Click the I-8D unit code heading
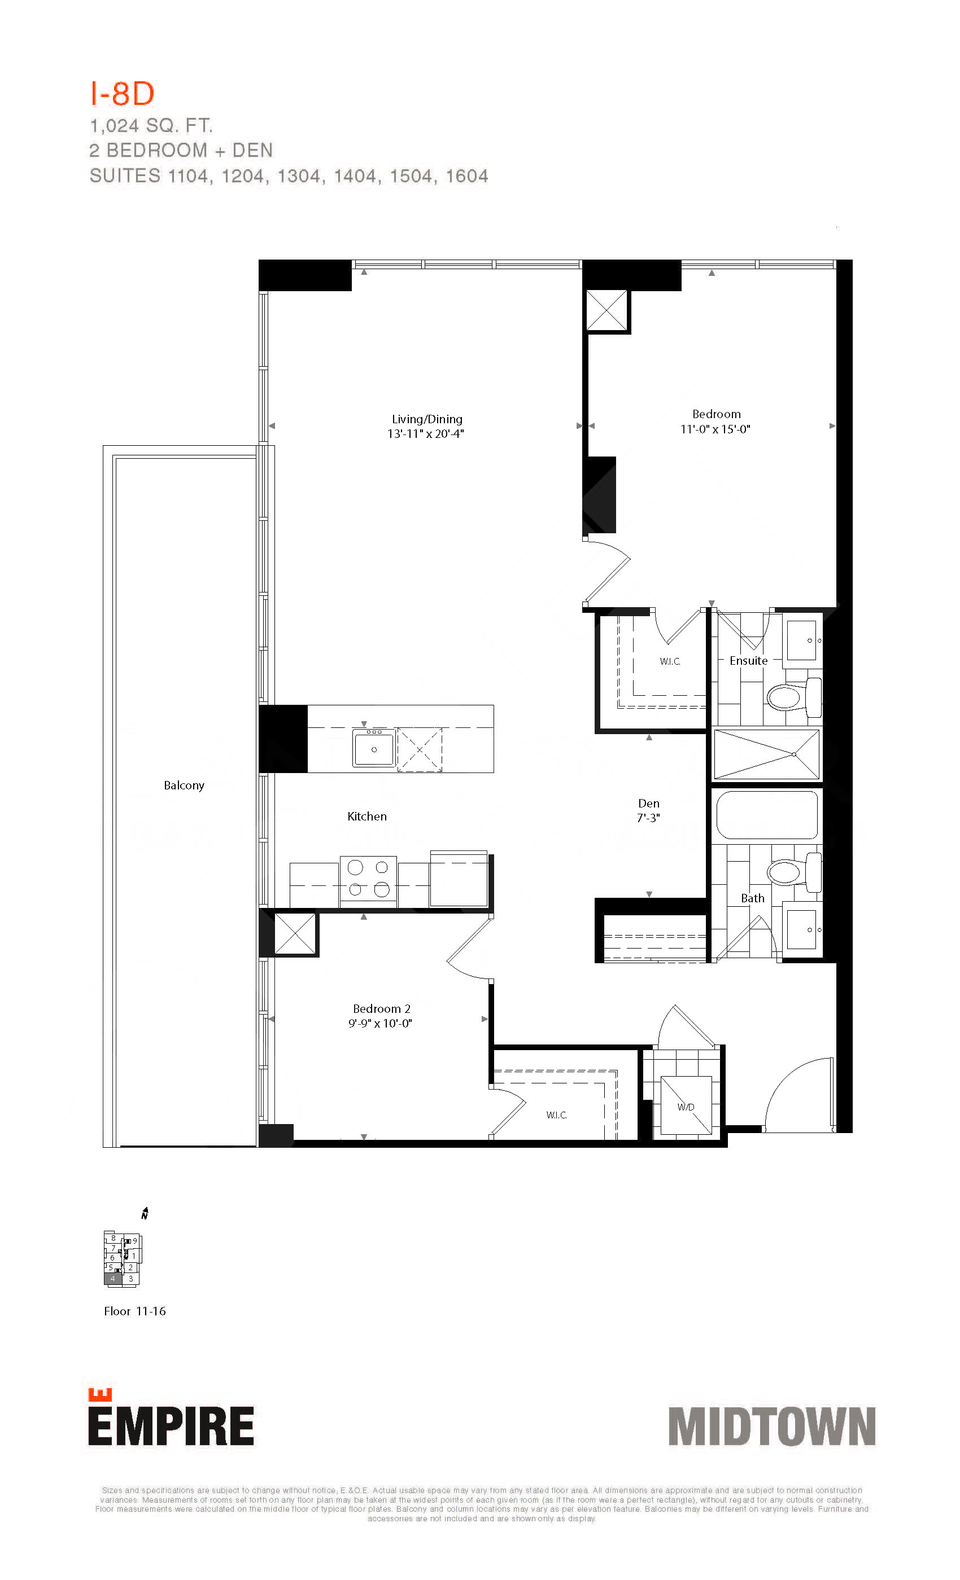[x=122, y=94]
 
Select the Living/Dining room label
[x=427, y=419]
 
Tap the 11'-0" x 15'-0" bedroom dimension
[x=715, y=429]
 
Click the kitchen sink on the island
[x=373, y=747]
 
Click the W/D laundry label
[x=686, y=1107]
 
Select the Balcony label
[x=184, y=785]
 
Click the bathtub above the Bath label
[x=767, y=815]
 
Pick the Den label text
[x=649, y=803]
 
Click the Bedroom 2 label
[x=381, y=1009]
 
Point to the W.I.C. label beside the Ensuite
[x=669, y=661]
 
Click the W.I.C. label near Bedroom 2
[x=556, y=1115]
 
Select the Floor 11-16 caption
[x=135, y=1311]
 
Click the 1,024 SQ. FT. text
[x=151, y=126]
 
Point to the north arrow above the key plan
[x=145, y=1213]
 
